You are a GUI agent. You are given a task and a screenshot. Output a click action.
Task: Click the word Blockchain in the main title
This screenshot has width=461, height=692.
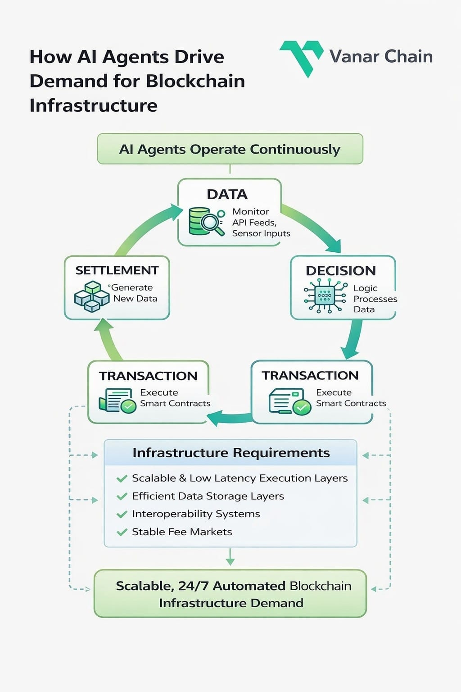pos(195,81)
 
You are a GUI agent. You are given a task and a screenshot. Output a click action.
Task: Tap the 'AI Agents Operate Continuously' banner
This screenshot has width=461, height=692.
pos(230,149)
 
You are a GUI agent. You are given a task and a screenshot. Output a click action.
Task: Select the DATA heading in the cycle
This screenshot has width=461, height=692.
pos(227,194)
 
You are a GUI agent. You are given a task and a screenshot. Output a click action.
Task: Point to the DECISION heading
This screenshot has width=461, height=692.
pos(340,271)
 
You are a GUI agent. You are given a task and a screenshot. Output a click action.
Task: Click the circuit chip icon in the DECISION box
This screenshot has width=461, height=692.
pos(325,296)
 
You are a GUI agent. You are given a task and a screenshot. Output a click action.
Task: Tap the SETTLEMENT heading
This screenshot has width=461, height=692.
pos(117,270)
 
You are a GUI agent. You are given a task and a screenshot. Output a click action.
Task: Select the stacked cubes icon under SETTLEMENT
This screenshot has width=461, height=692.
pos(92,296)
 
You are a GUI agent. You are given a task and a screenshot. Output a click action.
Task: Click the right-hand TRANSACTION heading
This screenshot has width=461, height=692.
pos(310,375)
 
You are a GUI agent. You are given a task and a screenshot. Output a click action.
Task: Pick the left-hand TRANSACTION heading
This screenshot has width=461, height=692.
pos(148,376)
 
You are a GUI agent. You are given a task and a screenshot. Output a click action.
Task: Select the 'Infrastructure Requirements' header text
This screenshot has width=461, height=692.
pos(231,453)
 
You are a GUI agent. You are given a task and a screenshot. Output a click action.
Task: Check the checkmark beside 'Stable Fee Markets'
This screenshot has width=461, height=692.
pos(122,532)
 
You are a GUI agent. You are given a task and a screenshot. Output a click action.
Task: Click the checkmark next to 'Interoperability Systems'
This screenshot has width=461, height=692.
pos(122,514)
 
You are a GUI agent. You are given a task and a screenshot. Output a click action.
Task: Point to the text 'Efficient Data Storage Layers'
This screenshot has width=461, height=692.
pos(208,496)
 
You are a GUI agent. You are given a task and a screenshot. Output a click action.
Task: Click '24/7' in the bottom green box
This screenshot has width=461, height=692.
pos(193,586)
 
